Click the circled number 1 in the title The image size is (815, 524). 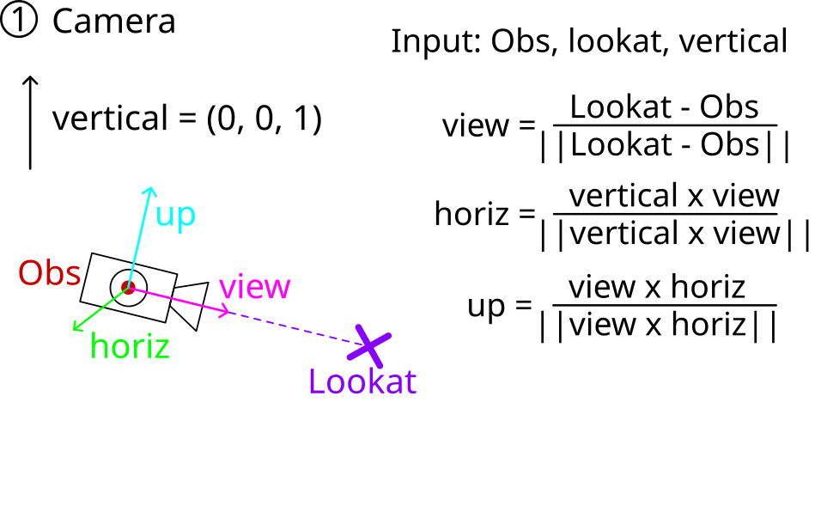[x=18, y=21]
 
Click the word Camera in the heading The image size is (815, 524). [x=114, y=21]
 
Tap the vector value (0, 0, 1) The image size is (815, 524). [x=265, y=119]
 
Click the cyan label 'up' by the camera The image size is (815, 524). [x=176, y=216]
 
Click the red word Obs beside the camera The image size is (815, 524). [x=50, y=273]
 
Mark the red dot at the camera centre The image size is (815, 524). [x=128, y=286]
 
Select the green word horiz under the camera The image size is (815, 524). [x=130, y=346]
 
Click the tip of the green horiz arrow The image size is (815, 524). [x=74, y=329]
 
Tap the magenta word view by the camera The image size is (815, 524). [x=255, y=286]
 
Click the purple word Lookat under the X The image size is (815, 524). [x=362, y=381]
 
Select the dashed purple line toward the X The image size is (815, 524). [x=292, y=326]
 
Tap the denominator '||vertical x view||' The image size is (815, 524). [x=675, y=233]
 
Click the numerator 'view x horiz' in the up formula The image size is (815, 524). [x=657, y=286]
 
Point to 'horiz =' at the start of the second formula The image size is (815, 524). [x=484, y=213]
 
